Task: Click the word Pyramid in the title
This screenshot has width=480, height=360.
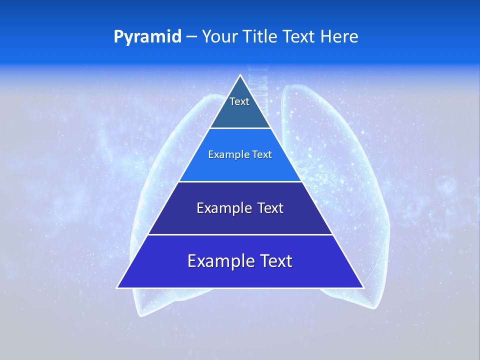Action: (147, 36)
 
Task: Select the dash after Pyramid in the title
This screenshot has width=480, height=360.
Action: (191, 37)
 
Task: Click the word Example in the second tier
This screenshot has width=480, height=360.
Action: (224, 155)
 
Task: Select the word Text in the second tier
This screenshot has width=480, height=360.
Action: (261, 155)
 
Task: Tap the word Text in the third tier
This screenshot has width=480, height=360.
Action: (270, 208)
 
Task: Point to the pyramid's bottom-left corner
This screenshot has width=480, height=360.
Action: (118, 287)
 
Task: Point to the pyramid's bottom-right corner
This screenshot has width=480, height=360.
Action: (363, 287)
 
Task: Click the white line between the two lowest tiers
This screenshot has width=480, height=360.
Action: (240, 234)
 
